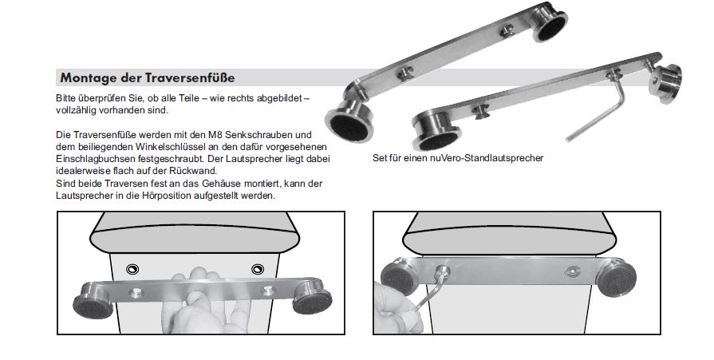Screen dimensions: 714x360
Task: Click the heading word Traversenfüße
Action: coord(190,78)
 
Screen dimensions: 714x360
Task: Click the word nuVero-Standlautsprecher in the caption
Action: coord(487,158)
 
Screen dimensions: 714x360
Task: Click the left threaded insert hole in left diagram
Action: coord(133,269)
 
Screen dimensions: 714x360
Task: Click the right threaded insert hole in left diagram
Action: coord(258,269)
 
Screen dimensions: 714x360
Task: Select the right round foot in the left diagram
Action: coord(313,297)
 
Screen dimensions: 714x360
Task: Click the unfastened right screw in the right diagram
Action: coord(571,271)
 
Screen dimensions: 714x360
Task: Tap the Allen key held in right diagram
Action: coord(428,291)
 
